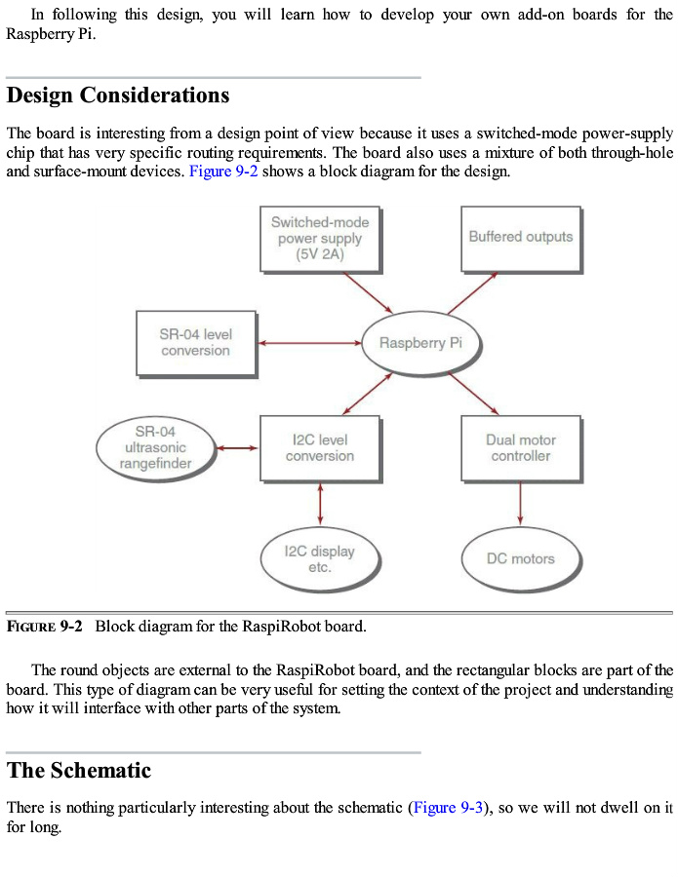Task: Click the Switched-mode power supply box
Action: [319, 239]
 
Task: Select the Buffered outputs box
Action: [521, 237]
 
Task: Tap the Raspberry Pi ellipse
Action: [420, 343]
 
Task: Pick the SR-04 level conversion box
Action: [195, 343]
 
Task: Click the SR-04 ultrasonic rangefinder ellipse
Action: [155, 447]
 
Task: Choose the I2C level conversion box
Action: [320, 447]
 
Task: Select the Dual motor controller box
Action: [521, 447]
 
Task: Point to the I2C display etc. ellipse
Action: [320, 558]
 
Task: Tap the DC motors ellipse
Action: [521, 559]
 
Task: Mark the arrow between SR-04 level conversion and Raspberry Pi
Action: [309, 343]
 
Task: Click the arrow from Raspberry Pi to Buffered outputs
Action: [473, 292]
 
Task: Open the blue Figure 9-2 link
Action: [223, 172]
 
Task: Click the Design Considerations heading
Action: [118, 95]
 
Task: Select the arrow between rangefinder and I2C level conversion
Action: [237, 447]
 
